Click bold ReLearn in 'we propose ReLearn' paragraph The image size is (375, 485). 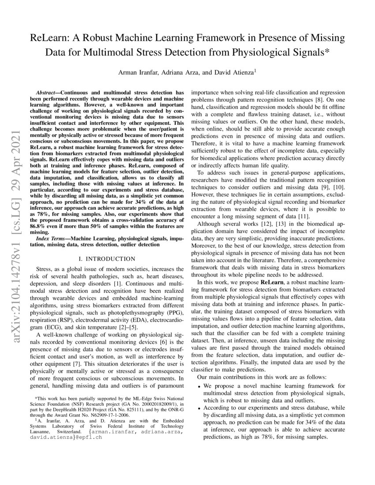[273, 281]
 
